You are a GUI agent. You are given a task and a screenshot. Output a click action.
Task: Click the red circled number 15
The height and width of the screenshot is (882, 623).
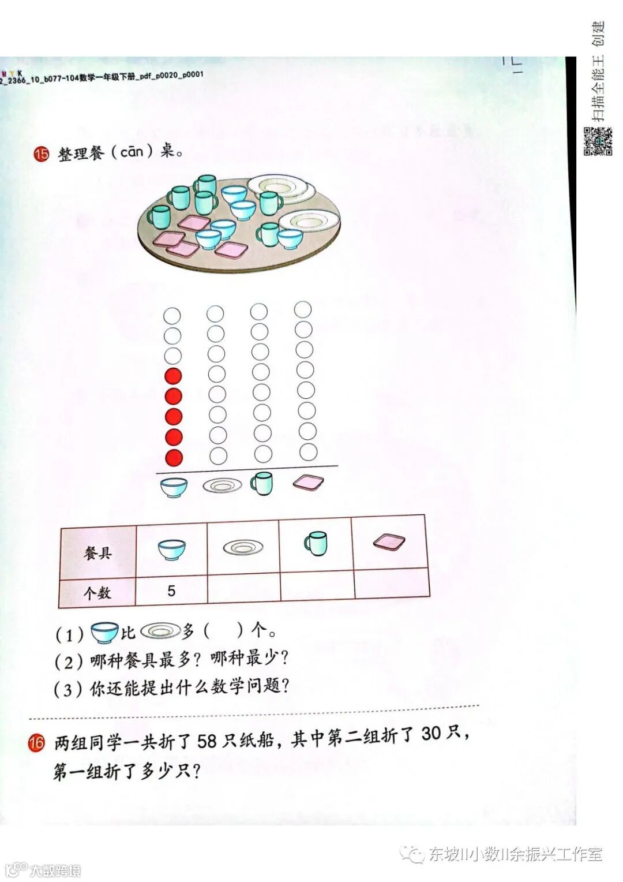(42, 154)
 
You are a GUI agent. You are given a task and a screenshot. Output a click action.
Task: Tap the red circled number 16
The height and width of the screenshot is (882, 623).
(36, 742)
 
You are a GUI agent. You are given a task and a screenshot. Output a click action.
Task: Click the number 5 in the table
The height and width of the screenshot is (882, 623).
(171, 591)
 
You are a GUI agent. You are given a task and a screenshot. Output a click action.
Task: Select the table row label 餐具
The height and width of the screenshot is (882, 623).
(97, 553)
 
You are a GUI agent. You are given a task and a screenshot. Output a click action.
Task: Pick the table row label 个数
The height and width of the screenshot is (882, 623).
(97, 593)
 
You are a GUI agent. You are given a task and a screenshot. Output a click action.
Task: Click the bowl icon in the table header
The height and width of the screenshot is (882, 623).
(172, 550)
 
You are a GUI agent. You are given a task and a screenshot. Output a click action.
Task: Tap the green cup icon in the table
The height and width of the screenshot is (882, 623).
(316, 543)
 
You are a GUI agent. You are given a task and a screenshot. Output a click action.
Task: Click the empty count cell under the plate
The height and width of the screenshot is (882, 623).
(243, 589)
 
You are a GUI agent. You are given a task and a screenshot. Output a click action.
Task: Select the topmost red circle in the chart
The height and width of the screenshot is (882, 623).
(173, 376)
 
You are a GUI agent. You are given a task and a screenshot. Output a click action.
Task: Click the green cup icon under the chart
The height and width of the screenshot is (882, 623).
(261, 484)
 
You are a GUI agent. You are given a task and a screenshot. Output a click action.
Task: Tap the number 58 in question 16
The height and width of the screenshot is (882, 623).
(207, 741)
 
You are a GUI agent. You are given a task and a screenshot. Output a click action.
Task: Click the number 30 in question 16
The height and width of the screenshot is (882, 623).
(431, 734)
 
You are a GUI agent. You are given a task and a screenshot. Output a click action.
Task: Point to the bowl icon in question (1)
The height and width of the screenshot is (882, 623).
(104, 633)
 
